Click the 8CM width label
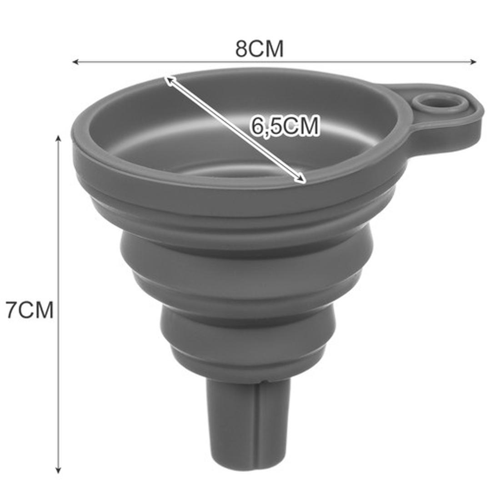coord(259,49)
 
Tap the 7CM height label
coord(30,310)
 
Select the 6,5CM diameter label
coord(284,126)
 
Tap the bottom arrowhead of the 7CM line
coord(58,470)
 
